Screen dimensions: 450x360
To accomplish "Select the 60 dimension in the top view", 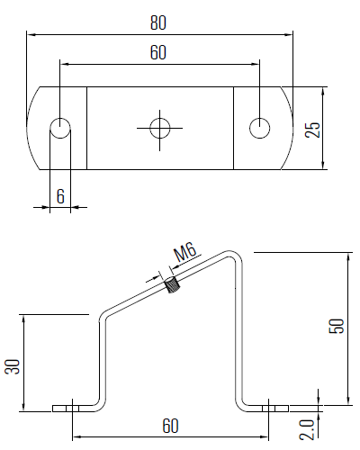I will pos(158,53).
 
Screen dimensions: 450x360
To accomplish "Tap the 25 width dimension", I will pos(312,128).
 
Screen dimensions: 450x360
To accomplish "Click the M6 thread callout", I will pos(185,252).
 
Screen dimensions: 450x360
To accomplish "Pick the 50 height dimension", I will pos(337,326).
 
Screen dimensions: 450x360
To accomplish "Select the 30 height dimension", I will pos(13,366).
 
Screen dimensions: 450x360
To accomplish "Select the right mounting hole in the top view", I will pos(259,128).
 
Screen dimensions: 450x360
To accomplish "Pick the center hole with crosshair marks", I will pos(159,128).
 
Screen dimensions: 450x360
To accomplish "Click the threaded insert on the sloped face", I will pos(172,287).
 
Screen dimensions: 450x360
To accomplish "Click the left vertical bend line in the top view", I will pos(86,128).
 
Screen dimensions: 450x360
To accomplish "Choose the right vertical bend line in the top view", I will pos(233,128).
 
